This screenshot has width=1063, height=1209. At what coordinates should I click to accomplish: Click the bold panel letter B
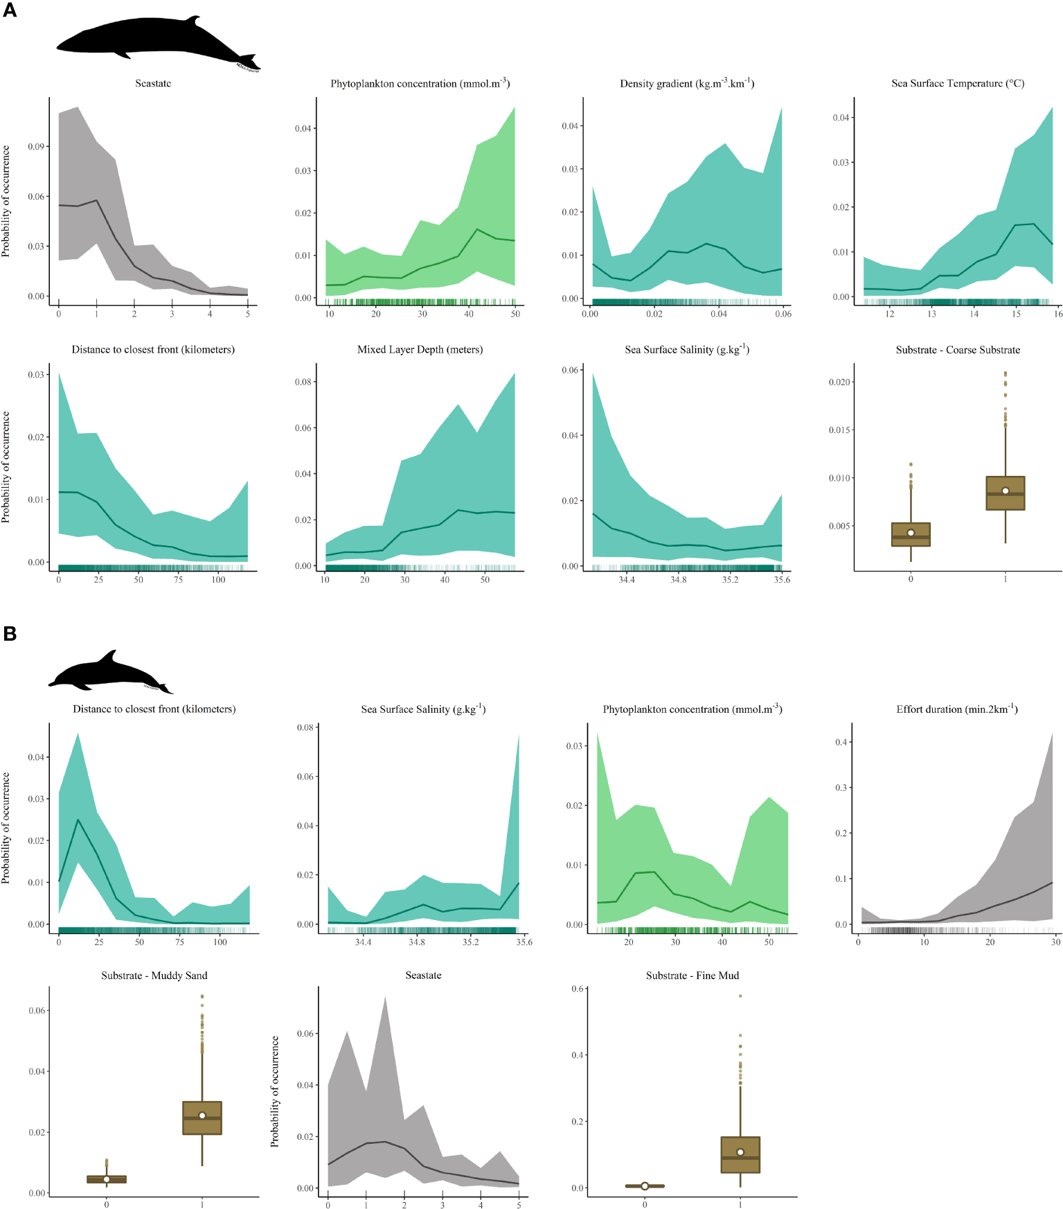tap(10, 633)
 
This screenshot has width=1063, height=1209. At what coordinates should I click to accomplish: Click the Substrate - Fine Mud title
tap(692, 976)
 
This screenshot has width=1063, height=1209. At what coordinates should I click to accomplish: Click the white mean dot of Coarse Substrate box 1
tap(1006, 491)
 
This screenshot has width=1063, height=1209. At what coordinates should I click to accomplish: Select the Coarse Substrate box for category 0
tap(911, 535)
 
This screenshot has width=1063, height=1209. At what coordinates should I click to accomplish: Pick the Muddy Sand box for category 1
tap(202, 1118)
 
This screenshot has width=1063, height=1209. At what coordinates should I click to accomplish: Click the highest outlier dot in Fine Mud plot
tap(740, 996)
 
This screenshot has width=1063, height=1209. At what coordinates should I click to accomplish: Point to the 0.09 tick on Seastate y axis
tap(36, 147)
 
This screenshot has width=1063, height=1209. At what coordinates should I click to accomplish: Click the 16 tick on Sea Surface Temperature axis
tap(1058, 314)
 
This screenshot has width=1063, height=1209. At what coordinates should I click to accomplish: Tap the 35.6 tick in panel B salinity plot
tap(524, 942)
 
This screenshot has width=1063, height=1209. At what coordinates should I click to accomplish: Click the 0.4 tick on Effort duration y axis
tap(841, 742)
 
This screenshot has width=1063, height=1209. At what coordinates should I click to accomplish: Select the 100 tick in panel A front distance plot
tap(218, 580)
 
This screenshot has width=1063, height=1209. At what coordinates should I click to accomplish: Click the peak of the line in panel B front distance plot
tap(78, 820)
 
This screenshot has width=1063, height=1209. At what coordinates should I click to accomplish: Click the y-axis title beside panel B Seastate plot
tap(275, 1091)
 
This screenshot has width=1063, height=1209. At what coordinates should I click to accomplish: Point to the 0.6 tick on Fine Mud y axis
tap(578, 989)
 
